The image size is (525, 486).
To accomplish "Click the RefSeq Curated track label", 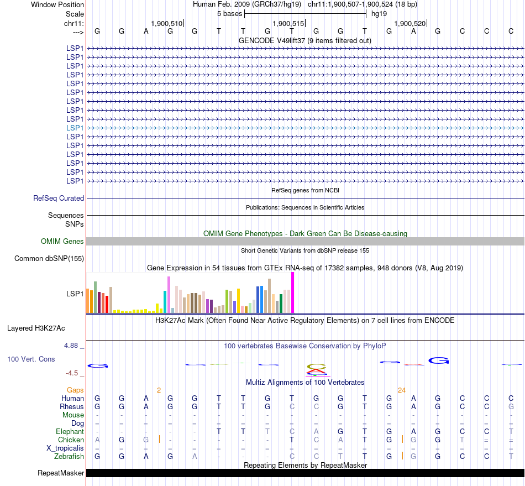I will (59, 198).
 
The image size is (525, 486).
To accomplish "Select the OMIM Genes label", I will (62, 241).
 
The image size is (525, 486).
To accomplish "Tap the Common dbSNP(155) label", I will (49, 258).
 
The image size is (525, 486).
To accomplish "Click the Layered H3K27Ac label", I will (36, 328).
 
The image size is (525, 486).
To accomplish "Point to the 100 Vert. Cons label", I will (31, 359).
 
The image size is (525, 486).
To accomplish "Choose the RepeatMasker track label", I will (61, 473).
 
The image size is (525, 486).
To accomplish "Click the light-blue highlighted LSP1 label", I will (75, 128).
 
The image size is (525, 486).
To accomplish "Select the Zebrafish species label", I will (69, 456).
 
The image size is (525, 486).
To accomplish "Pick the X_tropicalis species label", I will (65, 448).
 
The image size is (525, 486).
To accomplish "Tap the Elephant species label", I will (70, 431).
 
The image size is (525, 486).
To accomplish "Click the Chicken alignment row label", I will (71, 440).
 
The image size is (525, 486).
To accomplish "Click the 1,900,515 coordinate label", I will (288, 23).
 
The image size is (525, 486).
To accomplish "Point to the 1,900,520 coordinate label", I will (410, 23).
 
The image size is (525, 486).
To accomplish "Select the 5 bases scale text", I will (229, 13).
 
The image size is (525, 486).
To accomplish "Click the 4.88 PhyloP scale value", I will (72, 346).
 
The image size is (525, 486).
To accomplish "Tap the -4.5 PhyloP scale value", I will (72, 373).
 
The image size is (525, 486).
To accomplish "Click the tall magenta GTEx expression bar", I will (292, 293).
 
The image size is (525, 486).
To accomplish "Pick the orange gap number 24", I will (402, 390).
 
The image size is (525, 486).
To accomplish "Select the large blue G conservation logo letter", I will (439, 360).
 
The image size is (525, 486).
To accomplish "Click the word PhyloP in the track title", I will (375, 346).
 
